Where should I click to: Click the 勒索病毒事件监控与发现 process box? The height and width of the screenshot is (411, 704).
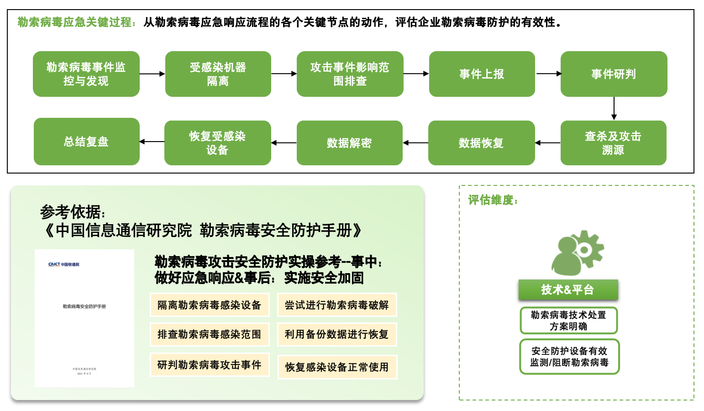[x=86, y=74]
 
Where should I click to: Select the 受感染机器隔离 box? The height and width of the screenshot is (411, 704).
[x=218, y=74]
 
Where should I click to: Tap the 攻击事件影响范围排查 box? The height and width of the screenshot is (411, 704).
[x=350, y=74]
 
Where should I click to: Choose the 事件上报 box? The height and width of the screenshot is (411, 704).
[x=482, y=74]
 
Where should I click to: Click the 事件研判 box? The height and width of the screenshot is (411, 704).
[x=614, y=74]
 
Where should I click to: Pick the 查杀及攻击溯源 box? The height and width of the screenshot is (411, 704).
[x=613, y=143]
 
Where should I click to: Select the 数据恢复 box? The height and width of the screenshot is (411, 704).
[x=481, y=143]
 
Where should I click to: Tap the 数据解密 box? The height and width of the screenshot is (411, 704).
[x=349, y=143]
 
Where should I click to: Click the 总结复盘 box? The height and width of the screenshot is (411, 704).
[x=86, y=142]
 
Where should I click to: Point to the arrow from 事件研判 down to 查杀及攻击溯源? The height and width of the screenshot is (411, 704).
[x=614, y=109]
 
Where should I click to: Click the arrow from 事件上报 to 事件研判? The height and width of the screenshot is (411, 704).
[x=548, y=74]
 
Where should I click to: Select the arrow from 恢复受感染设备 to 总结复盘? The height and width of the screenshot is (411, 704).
[x=152, y=142]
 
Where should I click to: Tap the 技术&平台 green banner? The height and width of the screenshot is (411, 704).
[x=568, y=290]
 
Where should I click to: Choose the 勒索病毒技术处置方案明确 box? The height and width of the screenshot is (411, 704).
[x=568, y=321]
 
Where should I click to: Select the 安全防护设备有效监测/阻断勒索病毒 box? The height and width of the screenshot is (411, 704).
[x=569, y=357]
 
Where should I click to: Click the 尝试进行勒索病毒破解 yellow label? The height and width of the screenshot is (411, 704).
[x=337, y=305]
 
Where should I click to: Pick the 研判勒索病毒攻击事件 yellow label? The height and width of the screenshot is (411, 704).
[x=210, y=365]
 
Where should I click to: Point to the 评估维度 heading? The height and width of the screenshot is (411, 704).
[x=493, y=200]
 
